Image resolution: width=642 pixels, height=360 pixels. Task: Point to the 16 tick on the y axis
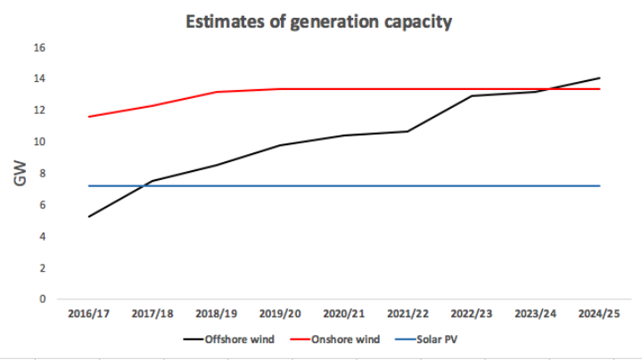point(41,47)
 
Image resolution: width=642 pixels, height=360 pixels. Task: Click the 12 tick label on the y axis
point(41,110)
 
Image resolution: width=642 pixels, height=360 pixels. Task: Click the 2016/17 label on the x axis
point(88,314)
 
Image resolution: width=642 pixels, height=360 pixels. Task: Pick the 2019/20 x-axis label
point(280,314)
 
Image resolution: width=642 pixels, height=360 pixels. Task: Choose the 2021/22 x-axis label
point(407,314)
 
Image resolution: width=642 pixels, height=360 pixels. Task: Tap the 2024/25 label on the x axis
point(598,314)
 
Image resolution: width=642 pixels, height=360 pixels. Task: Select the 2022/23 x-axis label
point(471,314)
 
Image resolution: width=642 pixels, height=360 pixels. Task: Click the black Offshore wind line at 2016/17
point(89,217)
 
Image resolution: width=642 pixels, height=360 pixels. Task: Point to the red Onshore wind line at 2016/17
point(89,117)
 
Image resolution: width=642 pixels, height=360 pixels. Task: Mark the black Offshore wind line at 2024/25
point(599,78)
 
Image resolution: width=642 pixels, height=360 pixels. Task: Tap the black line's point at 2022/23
point(472,95)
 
